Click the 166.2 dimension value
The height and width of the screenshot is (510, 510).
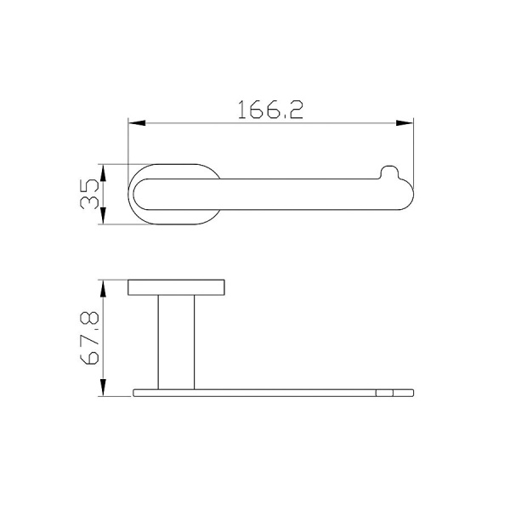[270, 110]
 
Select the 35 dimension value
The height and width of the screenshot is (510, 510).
[89, 194]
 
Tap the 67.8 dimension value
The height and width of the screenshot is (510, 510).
[89, 337]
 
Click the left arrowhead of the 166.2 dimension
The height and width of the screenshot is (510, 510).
[137, 123]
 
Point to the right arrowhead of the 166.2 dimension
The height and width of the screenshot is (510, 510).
[405, 123]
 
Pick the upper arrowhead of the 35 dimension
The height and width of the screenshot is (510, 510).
[103, 173]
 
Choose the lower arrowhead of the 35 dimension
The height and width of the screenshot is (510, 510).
[103, 216]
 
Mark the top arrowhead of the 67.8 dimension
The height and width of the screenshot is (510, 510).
[103, 288]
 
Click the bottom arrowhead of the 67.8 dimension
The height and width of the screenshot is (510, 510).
[103, 388]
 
